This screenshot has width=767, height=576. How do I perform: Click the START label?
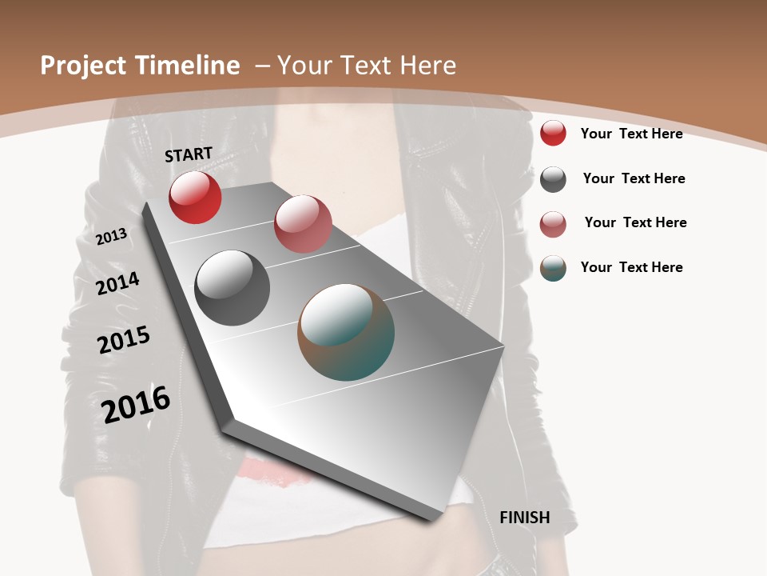click(x=189, y=154)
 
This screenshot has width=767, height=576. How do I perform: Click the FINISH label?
click(x=525, y=518)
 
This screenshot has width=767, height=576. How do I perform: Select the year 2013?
click(x=111, y=237)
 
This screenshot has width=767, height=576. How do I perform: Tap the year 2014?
click(x=118, y=283)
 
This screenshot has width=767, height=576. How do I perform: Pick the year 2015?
click(x=124, y=340)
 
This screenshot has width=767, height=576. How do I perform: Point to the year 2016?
click(x=136, y=405)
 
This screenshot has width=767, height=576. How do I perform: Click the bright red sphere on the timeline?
click(x=195, y=198)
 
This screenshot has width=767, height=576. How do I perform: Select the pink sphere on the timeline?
click(x=303, y=224)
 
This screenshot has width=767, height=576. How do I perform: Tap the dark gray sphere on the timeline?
click(x=232, y=288)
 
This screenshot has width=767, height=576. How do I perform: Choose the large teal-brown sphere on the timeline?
click(x=346, y=332)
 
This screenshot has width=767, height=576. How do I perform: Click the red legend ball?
click(x=553, y=133)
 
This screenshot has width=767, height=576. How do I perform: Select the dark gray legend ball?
click(x=553, y=179)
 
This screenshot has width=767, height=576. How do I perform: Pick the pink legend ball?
click(x=553, y=224)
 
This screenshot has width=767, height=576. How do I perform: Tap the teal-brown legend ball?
click(x=553, y=268)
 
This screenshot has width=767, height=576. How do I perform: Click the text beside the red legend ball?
click(x=631, y=134)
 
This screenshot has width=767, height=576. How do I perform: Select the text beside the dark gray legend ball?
click(x=634, y=178)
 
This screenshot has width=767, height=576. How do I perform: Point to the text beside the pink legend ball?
click(x=635, y=222)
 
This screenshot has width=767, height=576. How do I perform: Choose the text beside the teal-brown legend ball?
click(x=631, y=267)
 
